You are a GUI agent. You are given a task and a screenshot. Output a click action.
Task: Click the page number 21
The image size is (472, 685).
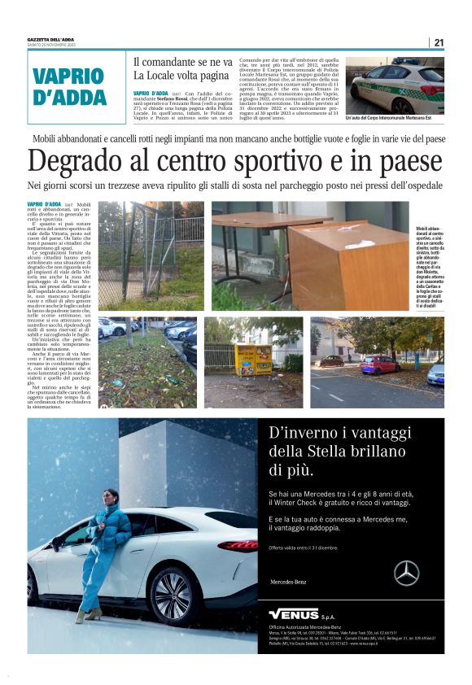(x=439, y=42)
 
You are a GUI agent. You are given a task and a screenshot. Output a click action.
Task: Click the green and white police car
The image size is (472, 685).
(x=398, y=87)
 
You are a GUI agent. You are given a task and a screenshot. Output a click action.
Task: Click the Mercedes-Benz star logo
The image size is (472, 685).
(x=406, y=574)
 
